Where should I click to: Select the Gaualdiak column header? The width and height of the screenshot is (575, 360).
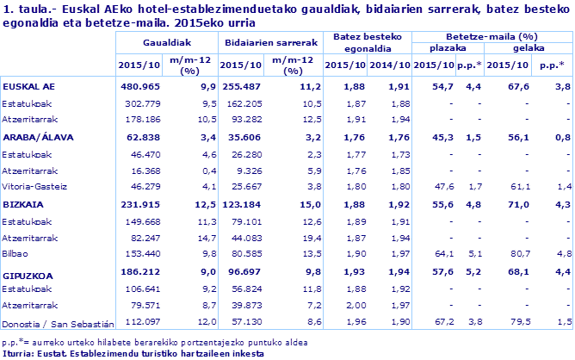pos(167,40)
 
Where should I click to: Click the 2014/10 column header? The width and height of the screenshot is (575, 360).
pos(390,65)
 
